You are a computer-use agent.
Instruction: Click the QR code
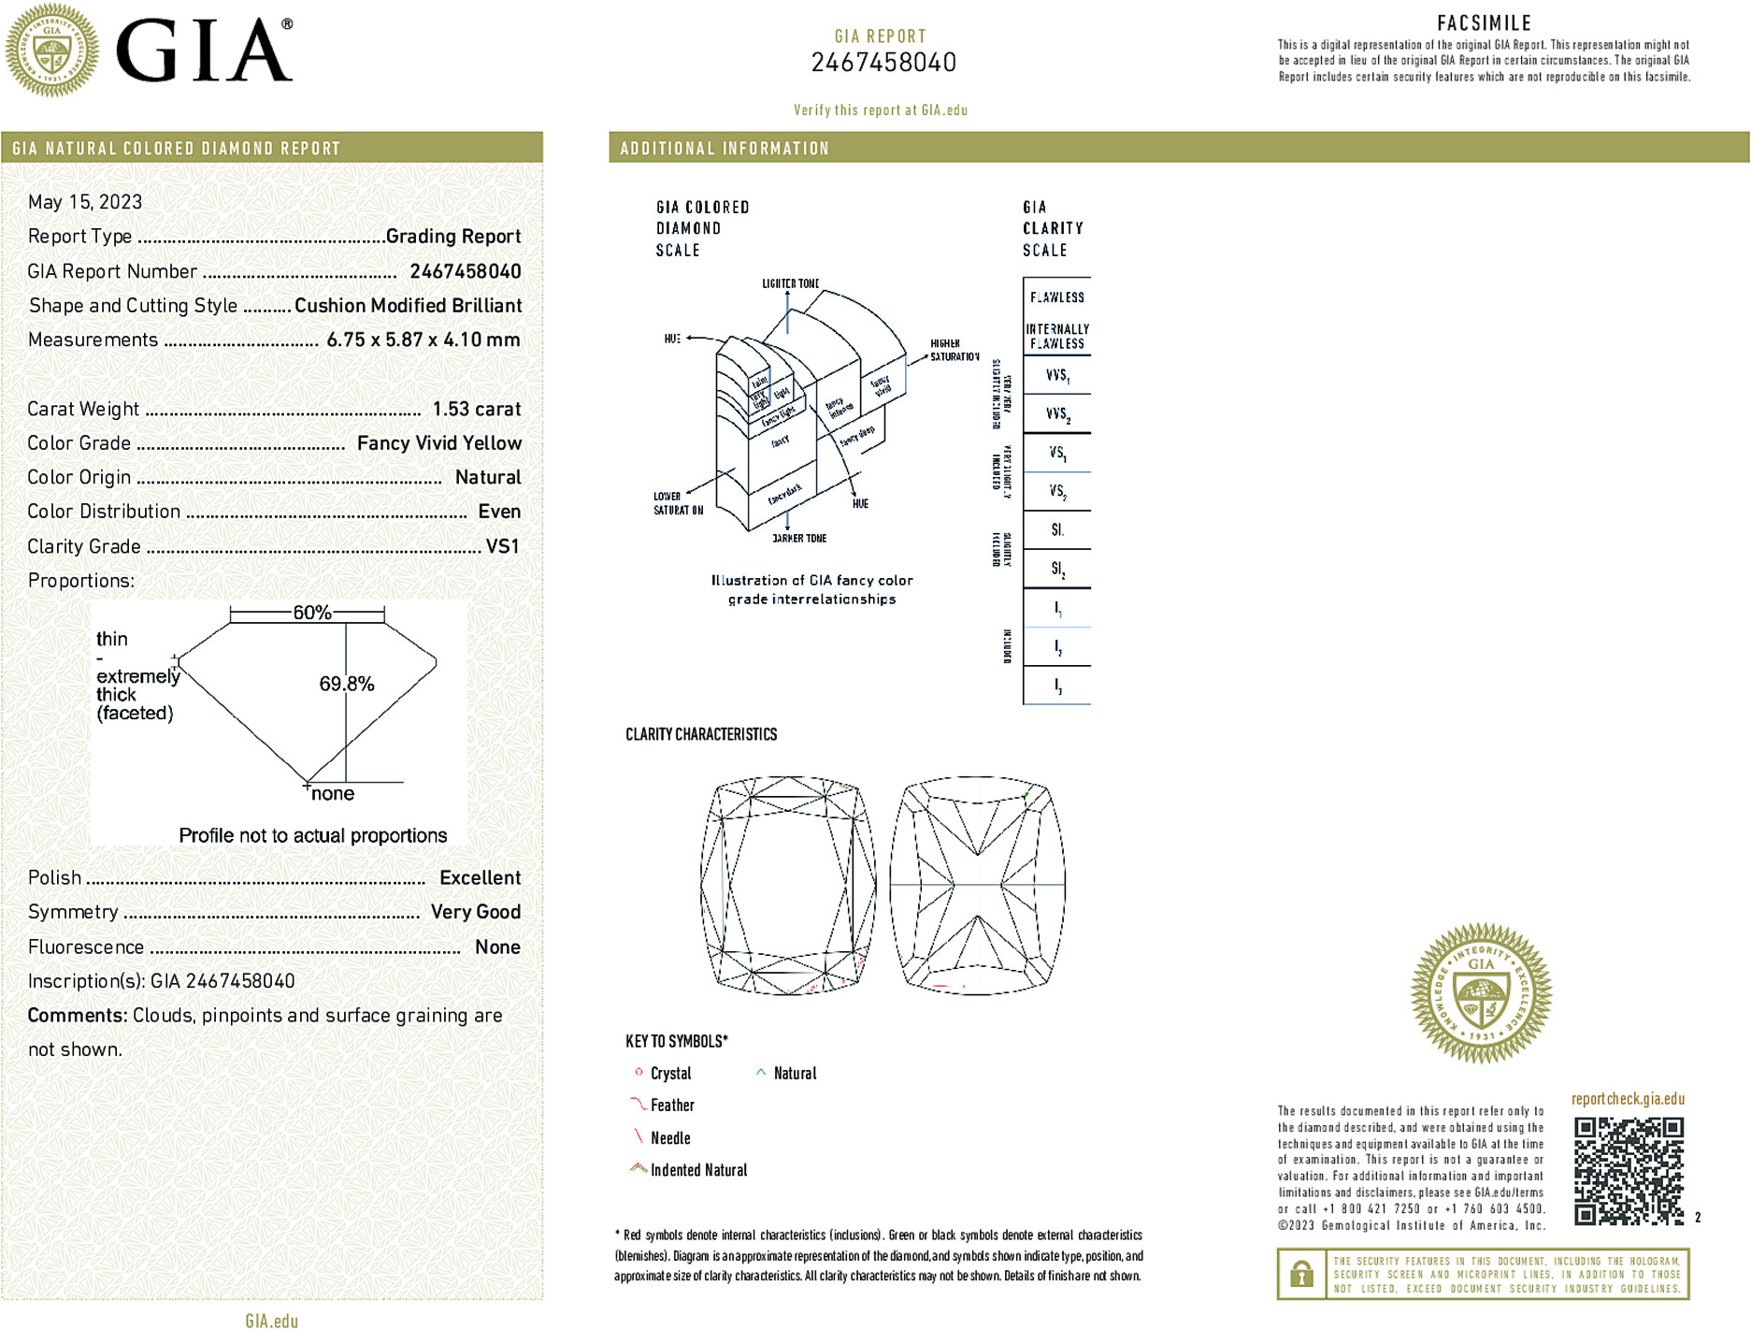click(x=1628, y=1170)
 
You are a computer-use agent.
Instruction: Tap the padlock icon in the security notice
click(x=1301, y=1274)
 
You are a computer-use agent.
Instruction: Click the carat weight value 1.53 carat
click(x=476, y=409)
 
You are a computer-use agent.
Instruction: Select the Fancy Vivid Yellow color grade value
click(x=438, y=443)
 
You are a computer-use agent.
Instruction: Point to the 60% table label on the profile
click(x=311, y=613)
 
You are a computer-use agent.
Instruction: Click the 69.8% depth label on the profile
click(x=347, y=684)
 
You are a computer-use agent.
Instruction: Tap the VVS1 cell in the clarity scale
click(x=1057, y=375)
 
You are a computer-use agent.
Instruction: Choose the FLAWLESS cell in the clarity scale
click(x=1057, y=297)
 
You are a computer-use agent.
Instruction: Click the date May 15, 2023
click(x=85, y=202)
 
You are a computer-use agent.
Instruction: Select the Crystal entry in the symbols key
click(x=670, y=1074)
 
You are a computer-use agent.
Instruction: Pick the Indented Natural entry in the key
click(x=698, y=1170)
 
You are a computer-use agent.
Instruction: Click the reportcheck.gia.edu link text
click(x=1628, y=1099)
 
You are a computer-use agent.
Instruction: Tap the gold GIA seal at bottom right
click(x=1481, y=993)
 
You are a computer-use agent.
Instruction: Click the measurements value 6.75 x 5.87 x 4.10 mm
click(x=423, y=340)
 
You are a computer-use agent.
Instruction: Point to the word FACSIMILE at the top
click(x=1484, y=23)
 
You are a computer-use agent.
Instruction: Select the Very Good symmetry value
click(x=475, y=912)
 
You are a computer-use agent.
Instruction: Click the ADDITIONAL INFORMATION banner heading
click(x=725, y=149)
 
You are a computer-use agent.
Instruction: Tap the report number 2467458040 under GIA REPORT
click(x=883, y=63)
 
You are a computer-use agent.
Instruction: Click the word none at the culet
click(x=333, y=794)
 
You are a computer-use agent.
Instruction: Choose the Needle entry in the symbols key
click(x=670, y=1138)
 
